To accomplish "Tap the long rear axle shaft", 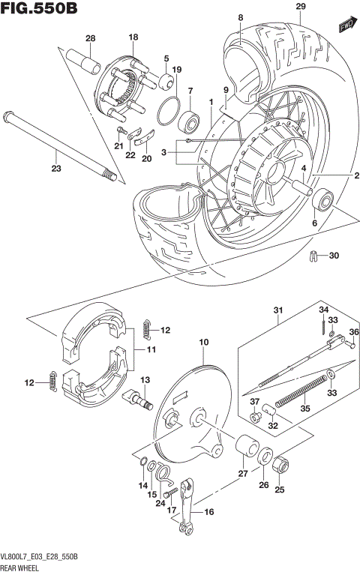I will point(60,145).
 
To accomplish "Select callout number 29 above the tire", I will point(301,7).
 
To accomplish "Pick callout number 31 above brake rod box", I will point(278,311).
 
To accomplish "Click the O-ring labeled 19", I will point(169,111).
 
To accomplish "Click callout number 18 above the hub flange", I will point(133,37).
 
